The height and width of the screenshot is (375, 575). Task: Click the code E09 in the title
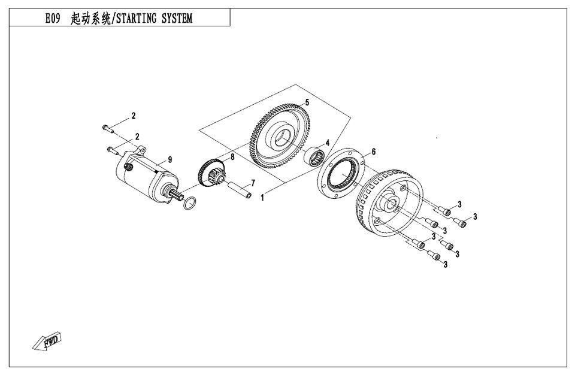click(x=53, y=19)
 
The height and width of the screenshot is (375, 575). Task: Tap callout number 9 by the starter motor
click(x=170, y=159)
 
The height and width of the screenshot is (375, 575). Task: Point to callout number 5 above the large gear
click(x=307, y=102)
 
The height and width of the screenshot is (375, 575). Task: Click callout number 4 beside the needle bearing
click(x=328, y=143)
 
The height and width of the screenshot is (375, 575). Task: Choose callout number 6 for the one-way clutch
click(x=373, y=152)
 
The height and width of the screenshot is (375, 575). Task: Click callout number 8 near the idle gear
click(x=232, y=157)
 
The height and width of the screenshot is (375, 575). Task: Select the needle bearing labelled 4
click(x=315, y=158)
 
